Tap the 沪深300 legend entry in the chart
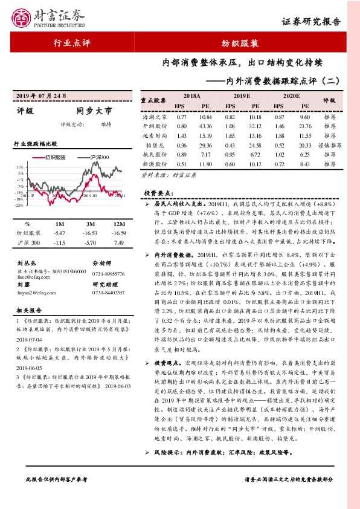[x=98, y=157]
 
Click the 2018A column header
[x=191, y=97]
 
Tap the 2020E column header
[x=291, y=97]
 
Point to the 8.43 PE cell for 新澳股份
[x=304, y=164]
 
